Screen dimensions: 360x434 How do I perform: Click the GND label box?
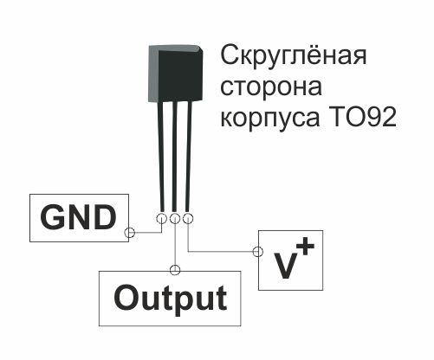click(79, 218)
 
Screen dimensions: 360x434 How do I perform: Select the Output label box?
click(171, 298)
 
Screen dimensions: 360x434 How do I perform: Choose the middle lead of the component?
click(173, 156)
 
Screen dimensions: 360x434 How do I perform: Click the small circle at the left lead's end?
click(161, 218)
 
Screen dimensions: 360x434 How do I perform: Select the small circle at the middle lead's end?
click(175, 218)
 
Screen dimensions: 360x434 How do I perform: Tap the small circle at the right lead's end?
click(188, 218)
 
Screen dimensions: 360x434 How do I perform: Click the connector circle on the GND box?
click(130, 233)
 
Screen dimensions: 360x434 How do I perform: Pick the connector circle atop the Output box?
click(175, 268)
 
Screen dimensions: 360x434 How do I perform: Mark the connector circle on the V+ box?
click(256, 252)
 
